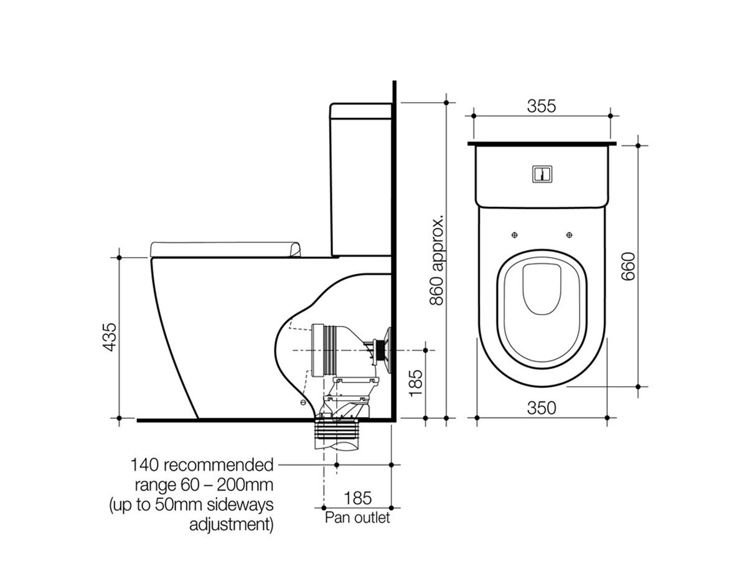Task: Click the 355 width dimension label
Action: point(542,105)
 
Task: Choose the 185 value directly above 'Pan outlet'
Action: point(357,498)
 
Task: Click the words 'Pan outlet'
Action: point(357,517)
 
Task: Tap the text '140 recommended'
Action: point(202,465)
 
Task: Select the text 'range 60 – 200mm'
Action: point(204,485)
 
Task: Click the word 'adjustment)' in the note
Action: point(231,524)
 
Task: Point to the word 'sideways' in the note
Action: point(242,504)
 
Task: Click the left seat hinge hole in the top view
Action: point(514,234)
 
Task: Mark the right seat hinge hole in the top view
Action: point(570,234)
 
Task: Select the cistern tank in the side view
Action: point(361,181)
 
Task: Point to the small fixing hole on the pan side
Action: point(303,403)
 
